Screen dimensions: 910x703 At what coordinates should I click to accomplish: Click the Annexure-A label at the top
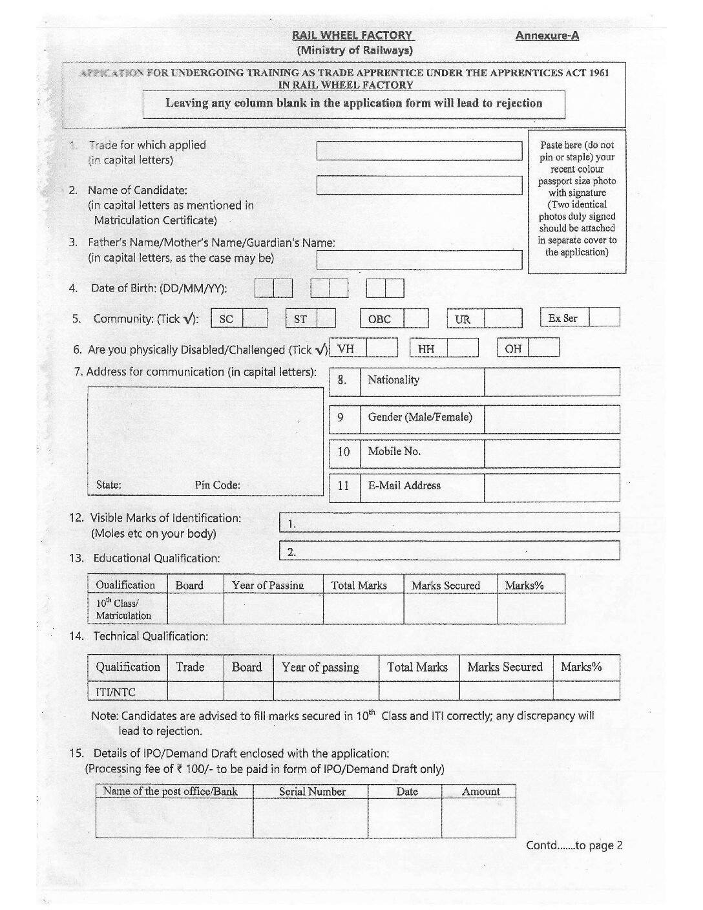[x=547, y=36]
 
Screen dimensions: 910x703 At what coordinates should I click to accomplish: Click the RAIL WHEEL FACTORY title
[x=351, y=36]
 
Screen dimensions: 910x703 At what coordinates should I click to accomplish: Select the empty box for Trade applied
[x=419, y=151]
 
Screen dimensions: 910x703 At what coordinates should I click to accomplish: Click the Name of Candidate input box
[x=419, y=185]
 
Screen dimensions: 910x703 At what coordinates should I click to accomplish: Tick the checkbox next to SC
[x=255, y=318]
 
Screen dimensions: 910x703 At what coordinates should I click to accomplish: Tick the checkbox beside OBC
[x=416, y=318]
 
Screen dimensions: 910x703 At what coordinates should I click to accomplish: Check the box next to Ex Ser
[x=605, y=317]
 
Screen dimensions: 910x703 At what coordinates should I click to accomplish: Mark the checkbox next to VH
[x=382, y=349]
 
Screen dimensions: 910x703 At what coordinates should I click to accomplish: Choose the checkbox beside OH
[x=543, y=349]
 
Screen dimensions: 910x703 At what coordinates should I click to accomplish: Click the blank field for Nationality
[x=551, y=381]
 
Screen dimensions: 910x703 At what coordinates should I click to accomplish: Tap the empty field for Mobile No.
[x=551, y=453]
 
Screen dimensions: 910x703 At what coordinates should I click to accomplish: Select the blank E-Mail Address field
[x=551, y=487]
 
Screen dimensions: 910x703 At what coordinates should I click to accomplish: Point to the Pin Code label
[x=217, y=485]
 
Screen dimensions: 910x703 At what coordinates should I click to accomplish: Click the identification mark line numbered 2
[x=449, y=551]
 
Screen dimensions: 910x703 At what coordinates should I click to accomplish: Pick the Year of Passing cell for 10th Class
[x=273, y=609]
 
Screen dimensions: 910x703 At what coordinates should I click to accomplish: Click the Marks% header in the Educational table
[x=524, y=586]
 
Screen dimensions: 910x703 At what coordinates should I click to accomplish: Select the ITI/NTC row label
[x=116, y=692]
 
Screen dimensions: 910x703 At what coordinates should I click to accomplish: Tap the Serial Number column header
[x=312, y=792]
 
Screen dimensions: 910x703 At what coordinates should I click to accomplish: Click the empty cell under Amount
[x=478, y=818]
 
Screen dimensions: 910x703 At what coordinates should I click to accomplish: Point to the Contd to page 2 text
[x=574, y=845]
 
